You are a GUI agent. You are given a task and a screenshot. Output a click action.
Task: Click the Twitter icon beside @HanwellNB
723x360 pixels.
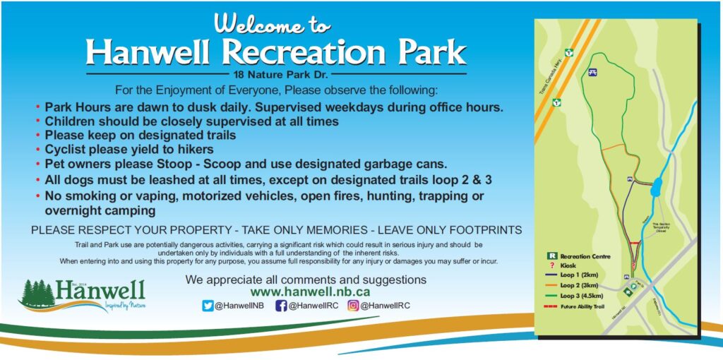(208, 306)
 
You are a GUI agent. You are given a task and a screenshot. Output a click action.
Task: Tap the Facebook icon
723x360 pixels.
(281, 306)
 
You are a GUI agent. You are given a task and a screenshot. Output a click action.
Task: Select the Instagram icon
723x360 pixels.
(354, 306)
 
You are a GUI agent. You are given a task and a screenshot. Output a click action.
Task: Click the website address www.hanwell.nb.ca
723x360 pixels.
(311, 292)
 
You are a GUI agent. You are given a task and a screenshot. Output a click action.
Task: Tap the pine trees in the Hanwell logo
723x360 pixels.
(37, 293)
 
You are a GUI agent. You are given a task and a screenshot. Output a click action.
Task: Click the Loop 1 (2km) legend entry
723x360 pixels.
(578, 275)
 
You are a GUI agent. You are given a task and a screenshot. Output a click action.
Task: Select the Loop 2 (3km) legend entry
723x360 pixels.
(578, 286)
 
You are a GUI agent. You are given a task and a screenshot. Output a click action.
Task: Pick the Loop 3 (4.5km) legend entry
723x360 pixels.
(580, 296)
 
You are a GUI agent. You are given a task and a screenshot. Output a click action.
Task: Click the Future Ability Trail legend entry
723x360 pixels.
(583, 306)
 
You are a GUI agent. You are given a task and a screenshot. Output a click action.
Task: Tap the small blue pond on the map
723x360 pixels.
(657, 188)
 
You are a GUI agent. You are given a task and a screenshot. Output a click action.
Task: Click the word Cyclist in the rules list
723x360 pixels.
(65, 149)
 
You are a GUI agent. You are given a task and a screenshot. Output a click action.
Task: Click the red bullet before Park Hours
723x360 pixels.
(37, 107)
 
